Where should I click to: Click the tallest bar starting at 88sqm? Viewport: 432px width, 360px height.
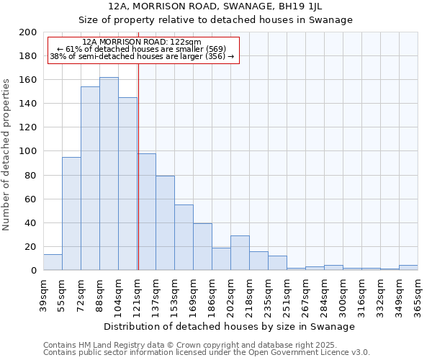pyautogui.click(x=109, y=174)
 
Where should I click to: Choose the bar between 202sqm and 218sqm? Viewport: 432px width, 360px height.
pyautogui.click(x=240, y=253)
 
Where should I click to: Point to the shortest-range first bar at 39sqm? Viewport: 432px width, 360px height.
pyautogui.click(x=53, y=262)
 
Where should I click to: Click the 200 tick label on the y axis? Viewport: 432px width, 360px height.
pyautogui.click(x=28, y=32)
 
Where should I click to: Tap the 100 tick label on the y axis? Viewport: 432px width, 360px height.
pyautogui.click(x=28, y=151)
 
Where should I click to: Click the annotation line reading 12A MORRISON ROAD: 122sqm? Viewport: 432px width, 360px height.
pyautogui.click(x=142, y=42)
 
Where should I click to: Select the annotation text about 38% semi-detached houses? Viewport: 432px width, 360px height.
pyautogui.click(x=142, y=56)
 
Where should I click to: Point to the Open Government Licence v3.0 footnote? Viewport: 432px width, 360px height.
pyautogui.click(x=207, y=352)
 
